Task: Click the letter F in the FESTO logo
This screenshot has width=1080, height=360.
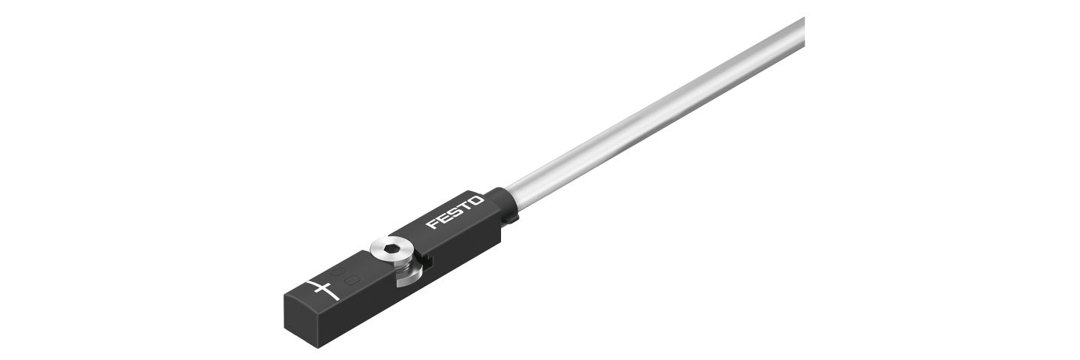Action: [x=431, y=224]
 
